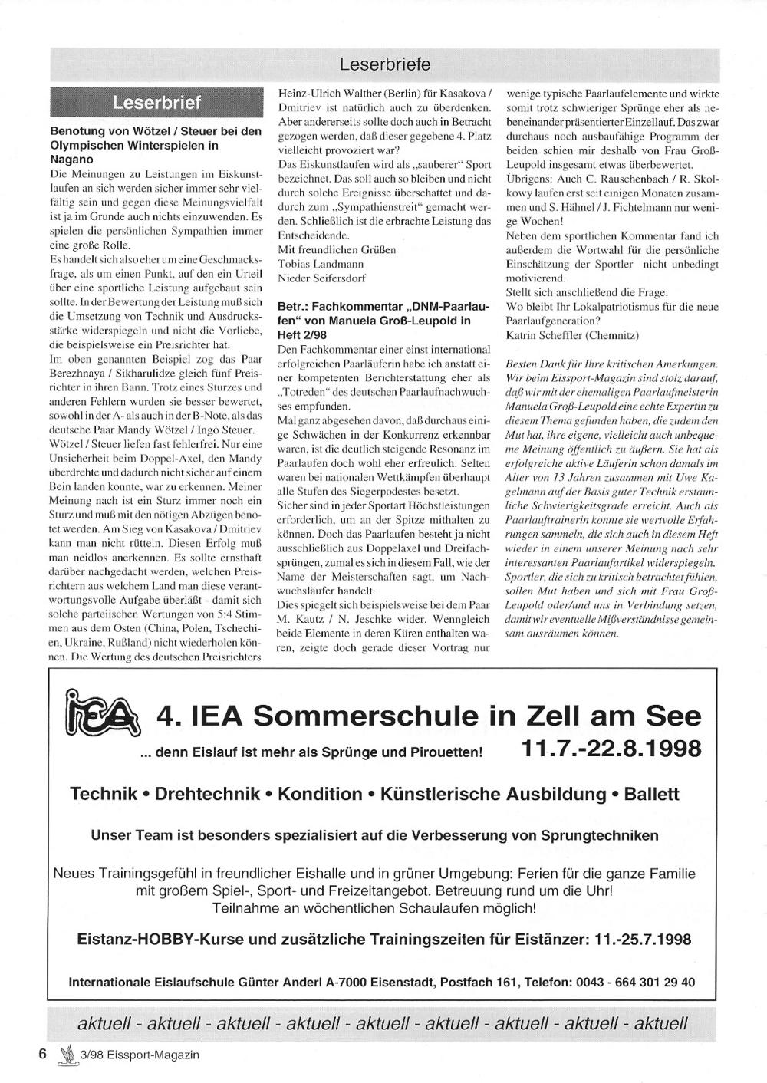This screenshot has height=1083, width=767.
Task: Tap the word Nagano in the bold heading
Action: coord(71,159)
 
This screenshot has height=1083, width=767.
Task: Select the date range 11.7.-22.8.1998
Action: coord(611,747)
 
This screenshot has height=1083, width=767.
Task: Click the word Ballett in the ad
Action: coord(651,794)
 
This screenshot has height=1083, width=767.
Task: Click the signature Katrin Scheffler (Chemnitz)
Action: coord(571,335)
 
